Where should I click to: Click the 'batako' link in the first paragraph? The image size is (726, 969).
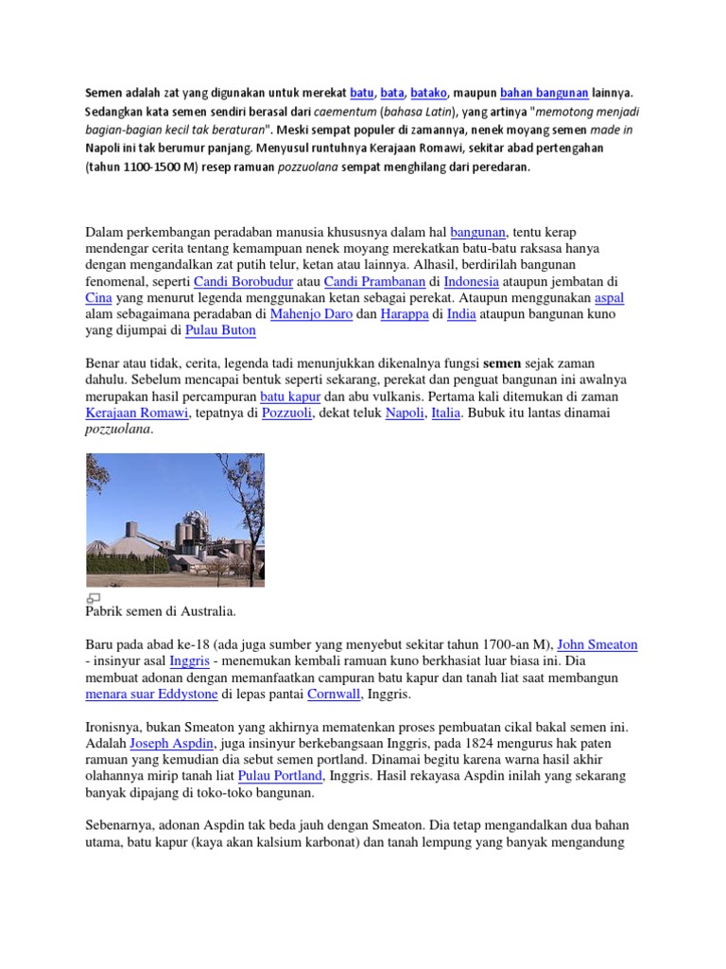pyautogui.click(x=428, y=94)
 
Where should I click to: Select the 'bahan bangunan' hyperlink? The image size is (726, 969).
pyautogui.click(x=544, y=94)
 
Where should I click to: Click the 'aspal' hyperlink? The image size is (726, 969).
pyautogui.click(x=609, y=299)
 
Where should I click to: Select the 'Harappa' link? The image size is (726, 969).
pyautogui.click(x=405, y=315)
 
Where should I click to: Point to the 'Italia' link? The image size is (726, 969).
pyautogui.click(x=445, y=414)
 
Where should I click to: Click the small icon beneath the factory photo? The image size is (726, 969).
pyautogui.click(x=94, y=598)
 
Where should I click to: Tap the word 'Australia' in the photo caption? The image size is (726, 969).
pyautogui.click(x=202, y=612)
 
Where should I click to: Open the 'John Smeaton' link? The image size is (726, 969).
pyautogui.click(x=597, y=645)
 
